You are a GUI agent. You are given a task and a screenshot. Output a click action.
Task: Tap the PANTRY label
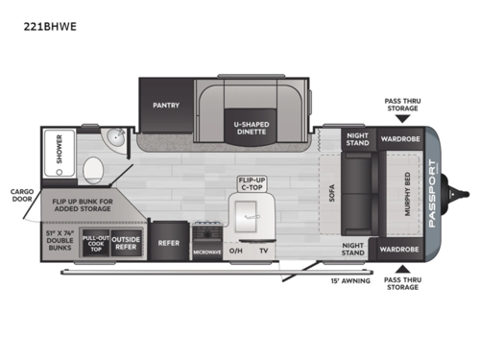167,105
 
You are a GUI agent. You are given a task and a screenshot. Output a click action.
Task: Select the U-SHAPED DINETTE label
254,129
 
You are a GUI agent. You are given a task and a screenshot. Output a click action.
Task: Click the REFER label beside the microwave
170,244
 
